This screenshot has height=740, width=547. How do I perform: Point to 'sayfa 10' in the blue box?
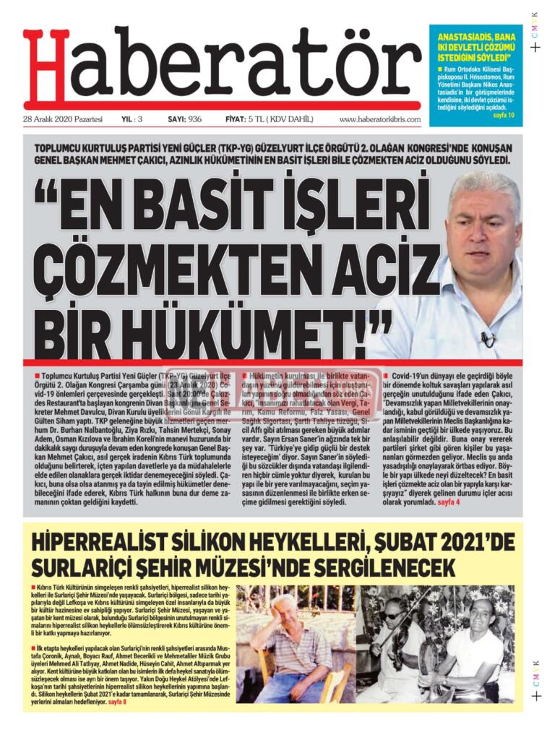pos(504,116)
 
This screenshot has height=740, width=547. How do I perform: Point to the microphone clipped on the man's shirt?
pos(488,337)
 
